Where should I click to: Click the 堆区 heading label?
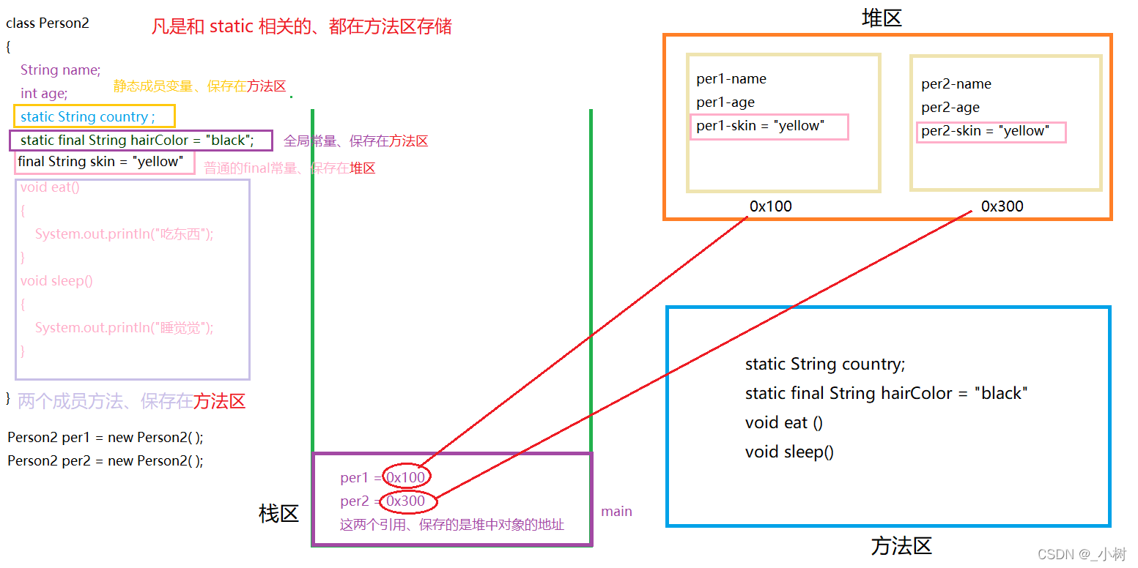click(882, 18)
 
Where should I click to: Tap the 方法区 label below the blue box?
click(901, 546)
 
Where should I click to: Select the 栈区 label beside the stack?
click(278, 514)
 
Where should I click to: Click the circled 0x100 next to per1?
click(406, 478)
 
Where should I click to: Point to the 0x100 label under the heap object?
click(770, 206)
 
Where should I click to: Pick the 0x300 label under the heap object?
click(1002, 206)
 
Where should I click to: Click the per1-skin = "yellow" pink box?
click(769, 127)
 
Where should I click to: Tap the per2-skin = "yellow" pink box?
click(991, 132)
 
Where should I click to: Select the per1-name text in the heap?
click(731, 79)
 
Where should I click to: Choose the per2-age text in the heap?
click(950, 108)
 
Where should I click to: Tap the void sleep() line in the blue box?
click(789, 452)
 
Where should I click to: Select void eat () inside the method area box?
click(783, 422)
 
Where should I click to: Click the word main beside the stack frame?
click(616, 512)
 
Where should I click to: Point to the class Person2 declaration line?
click(48, 23)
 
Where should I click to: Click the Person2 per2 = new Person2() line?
click(106, 461)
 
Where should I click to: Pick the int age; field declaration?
click(44, 93)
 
